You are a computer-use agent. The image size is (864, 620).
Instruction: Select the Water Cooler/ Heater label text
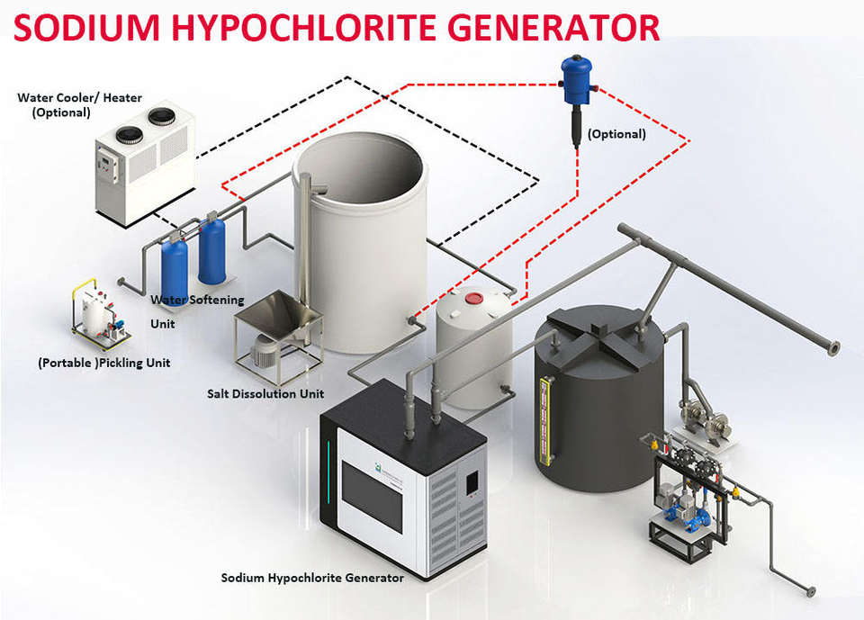click(79, 104)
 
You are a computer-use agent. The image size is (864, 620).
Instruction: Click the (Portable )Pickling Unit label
click(103, 364)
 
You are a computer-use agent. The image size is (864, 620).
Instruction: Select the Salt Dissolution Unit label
click(265, 394)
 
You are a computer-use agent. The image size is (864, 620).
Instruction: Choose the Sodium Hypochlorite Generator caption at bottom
click(312, 578)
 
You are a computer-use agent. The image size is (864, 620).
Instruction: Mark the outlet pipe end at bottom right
click(810, 591)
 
